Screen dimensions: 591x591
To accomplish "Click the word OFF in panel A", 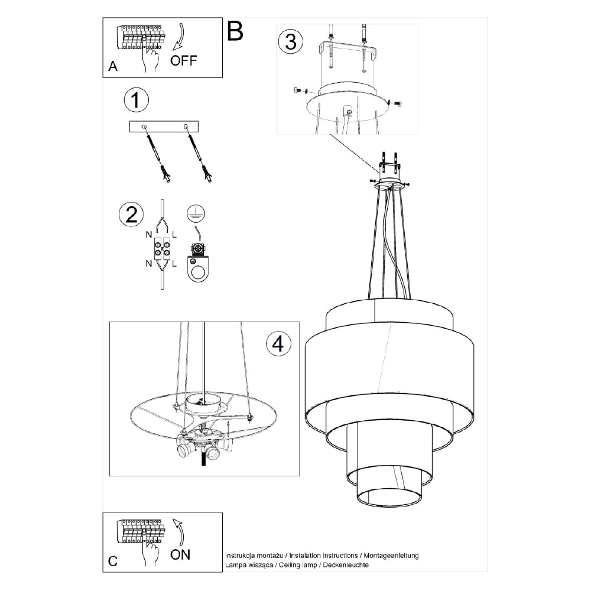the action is (184, 60).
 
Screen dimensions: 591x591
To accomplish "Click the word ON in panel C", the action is (180, 554).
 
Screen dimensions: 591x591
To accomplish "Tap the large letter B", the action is (235, 31).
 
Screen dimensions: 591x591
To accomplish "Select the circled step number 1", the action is (137, 100).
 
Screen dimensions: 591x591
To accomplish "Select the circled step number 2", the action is (131, 215).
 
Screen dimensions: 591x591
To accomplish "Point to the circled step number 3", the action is (291, 41).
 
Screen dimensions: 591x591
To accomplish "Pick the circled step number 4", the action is (278, 344).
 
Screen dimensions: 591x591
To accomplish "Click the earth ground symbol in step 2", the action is (196, 213).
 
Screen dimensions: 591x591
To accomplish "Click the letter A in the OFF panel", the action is (113, 66).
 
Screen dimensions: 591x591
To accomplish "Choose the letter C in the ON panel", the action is (113, 561).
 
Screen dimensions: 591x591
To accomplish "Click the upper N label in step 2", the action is (149, 235).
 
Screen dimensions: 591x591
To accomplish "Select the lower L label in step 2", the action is (174, 264).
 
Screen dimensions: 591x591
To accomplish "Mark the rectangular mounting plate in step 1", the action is (164, 126).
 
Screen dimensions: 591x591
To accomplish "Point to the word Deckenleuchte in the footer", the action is (346, 564).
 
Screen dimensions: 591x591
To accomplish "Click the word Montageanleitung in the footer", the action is (391, 555).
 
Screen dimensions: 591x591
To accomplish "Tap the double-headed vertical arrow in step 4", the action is (228, 429).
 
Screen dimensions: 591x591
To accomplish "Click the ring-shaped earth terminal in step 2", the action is (198, 268).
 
